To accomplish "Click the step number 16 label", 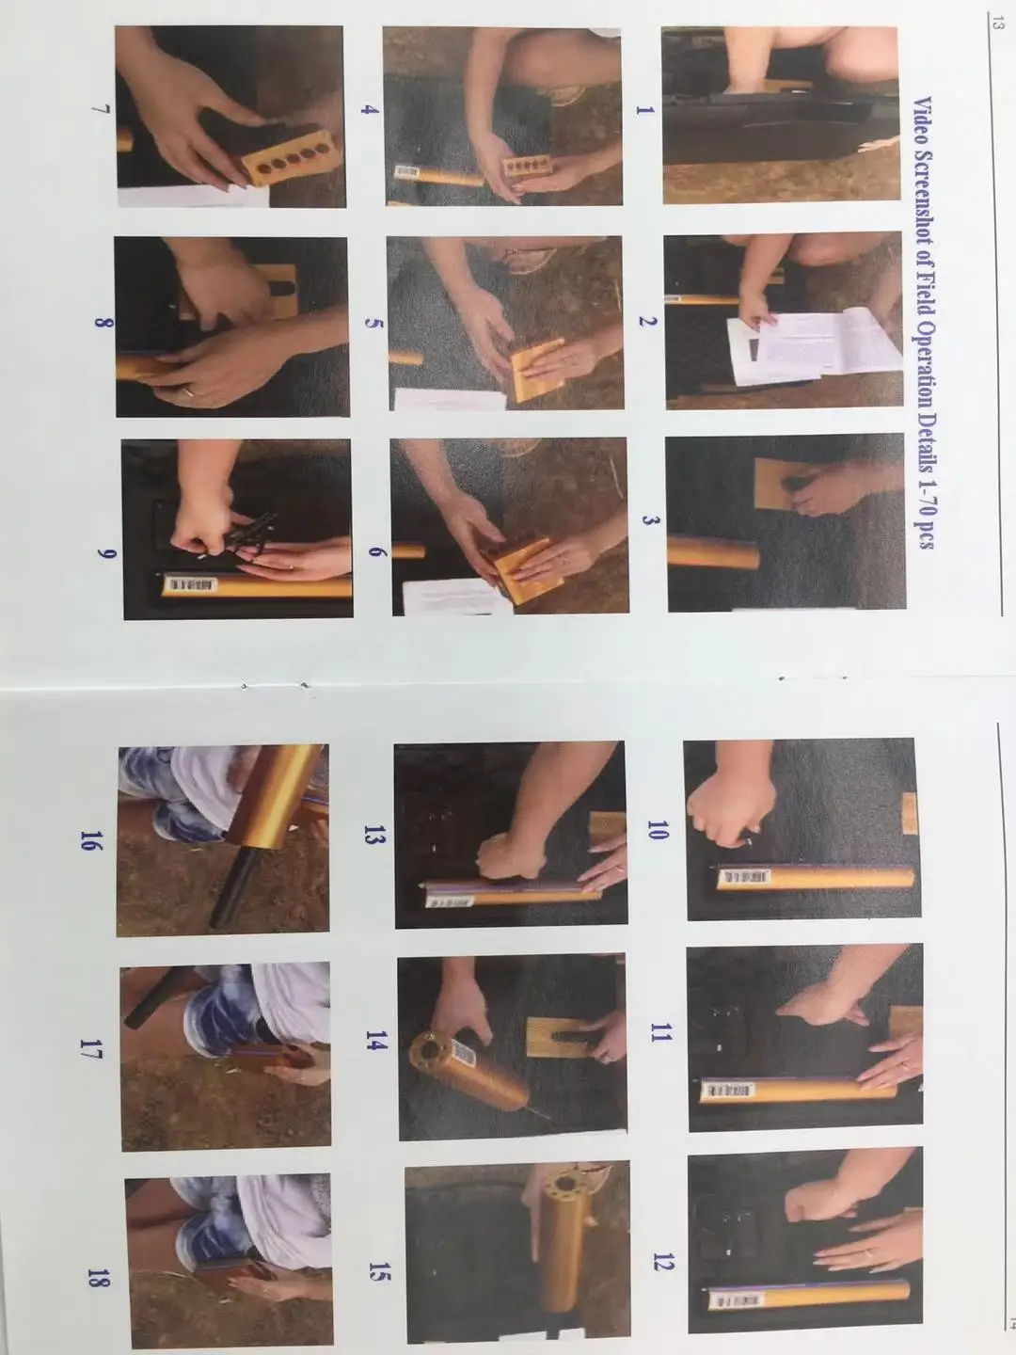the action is tap(88, 840).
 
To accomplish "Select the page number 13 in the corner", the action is tap(997, 24).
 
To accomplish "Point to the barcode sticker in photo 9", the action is tap(193, 584).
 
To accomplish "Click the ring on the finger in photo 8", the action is tap(189, 392).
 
